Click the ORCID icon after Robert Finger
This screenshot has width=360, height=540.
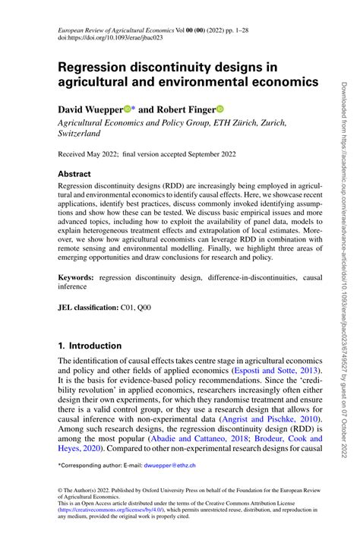point(222,109)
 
